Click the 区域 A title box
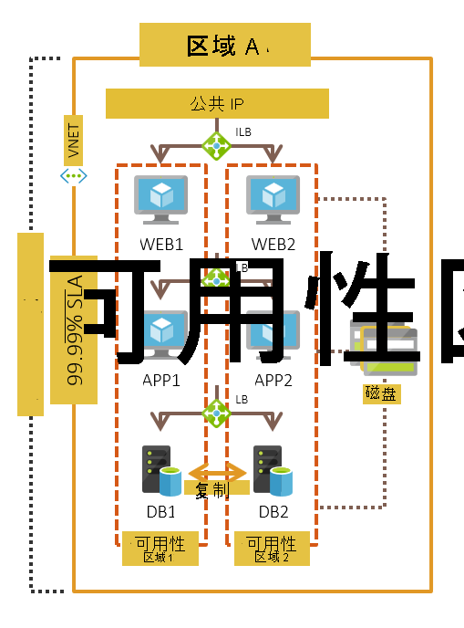point(224,46)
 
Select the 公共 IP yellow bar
point(217,104)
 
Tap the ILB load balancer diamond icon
point(216,144)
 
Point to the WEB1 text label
point(161,245)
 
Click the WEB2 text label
point(274,245)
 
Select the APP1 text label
point(161,380)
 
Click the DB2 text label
point(273,512)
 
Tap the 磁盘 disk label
point(382,393)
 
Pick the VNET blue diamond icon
point(74,175)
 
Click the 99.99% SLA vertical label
point(74,329)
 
